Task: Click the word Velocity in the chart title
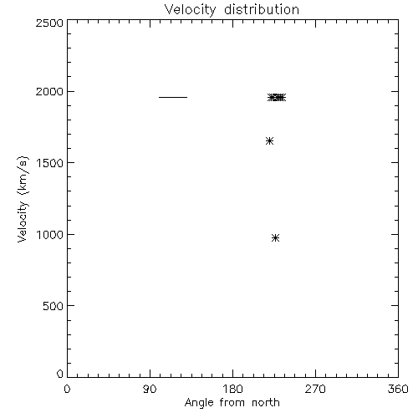pyautogui.click(x=190, y=11)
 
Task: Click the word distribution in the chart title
pyautogui.click(x=262, y=9)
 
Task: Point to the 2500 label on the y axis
pyautogui.click(x=49, y=23)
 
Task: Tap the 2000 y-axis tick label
pyautogui.click(x=49, y=91)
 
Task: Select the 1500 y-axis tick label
pyautogui.click(x=50, y=163)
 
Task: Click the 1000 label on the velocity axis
pyautogui.click(x=50, y=235)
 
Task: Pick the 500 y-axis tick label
pyautogui.click(x=53, y=306)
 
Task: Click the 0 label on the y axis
pyautogui.click(x=60, y=374)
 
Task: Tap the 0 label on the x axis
pyautogui.click(x=67, y=389)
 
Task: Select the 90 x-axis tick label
pyautogui.click(x=150, y=389)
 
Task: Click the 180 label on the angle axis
pyautogui.click(x=232, y=389)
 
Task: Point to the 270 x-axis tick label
pyautogui.click(x=315, y=389)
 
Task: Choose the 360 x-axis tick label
pyautogui.click(x=398, y=389)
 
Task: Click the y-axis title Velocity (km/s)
pyautogui.click(x=23, y=199)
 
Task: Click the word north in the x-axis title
pyautogui.click(x=266, y=403)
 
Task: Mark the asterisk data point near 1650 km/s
pyautogui.click(x=269, y=140)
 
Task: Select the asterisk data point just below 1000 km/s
pyautogui.click(x=275, y=237)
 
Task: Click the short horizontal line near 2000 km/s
pyautogui.click(x=173, y=97)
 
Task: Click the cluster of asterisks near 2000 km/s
pyautogui.click(x=277, y=97)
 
